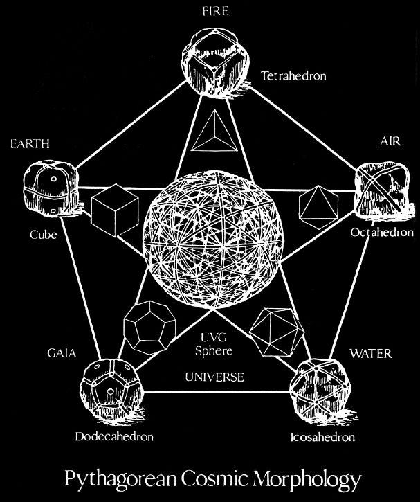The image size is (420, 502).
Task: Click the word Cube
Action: pos(42,235)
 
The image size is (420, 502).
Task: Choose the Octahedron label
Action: pos(381,233)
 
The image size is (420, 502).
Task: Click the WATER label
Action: pos(370,354)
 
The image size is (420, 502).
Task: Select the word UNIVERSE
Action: pos(214,377)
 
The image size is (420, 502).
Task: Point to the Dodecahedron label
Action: pos(114,438)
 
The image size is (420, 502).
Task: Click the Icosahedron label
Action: pos(322,438)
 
